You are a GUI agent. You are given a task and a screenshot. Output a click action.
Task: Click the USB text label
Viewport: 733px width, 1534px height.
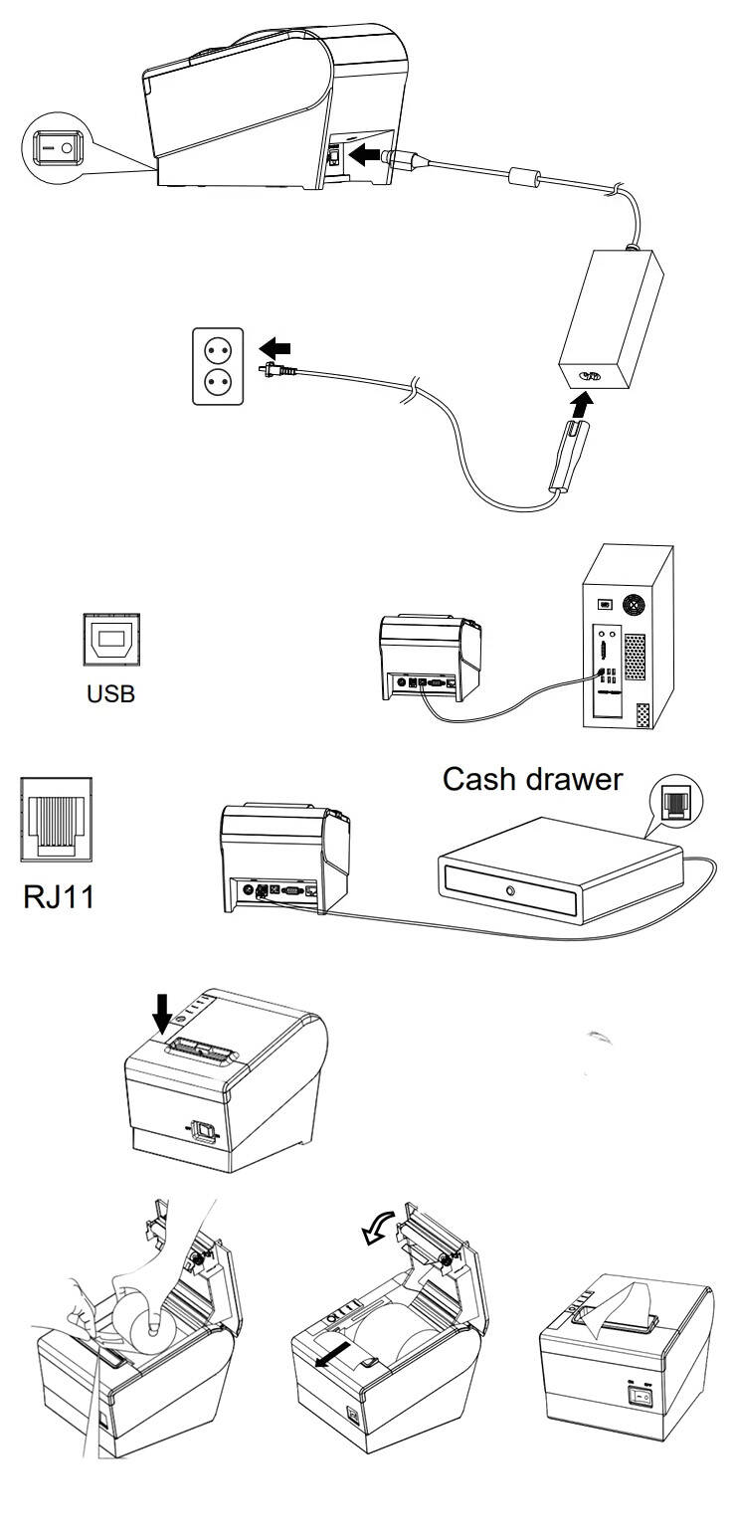(109, 692)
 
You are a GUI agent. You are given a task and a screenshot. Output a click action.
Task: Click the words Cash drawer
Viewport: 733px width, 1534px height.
(532, 778)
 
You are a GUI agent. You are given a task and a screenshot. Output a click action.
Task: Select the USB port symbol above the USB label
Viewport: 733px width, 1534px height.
(109, 639)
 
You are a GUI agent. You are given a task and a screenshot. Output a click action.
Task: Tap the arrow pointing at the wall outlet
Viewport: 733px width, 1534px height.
(275, 349)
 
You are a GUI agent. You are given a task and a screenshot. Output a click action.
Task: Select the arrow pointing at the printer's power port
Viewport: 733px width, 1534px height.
(366, 155)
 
